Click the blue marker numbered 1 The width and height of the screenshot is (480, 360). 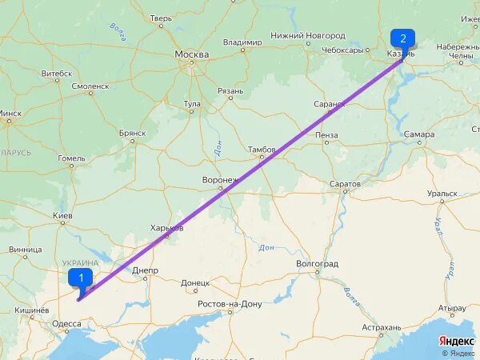[81, 278]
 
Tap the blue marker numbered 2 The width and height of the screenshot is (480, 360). [402, 38]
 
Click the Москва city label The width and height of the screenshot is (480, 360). [192, 54]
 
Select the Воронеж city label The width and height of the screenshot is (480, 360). [220, 180]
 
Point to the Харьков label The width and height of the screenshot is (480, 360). [166, 228]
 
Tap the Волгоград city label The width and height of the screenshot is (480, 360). [317, 263]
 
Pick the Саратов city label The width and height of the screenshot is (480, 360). [345, 184]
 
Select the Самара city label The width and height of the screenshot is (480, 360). [418, 134]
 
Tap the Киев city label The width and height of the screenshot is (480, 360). [62, 217]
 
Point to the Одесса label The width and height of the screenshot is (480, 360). [66, 324]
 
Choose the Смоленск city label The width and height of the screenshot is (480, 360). [90, 86]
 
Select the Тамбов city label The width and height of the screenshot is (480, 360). [262, 150]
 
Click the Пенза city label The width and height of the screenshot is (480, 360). [326, 135]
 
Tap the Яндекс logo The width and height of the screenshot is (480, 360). [458, 341]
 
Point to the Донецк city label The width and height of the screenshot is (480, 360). [195, 282]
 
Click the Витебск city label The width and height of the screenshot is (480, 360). [57, 73]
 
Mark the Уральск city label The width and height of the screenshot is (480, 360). [442, 193]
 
